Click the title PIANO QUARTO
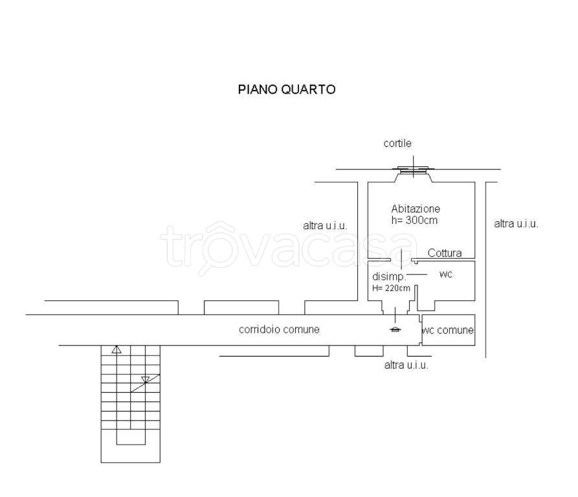tap(287, 90)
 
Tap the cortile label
tap(397, 144)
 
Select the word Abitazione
tap(416, 209)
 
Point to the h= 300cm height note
tap(415, 220)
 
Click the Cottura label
tap(445, 253)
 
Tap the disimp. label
tap(389, 277)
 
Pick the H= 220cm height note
tap(391, 288)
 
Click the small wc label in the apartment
tap(445, 274)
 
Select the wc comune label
tap(448, 331)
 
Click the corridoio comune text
tap(279, 329)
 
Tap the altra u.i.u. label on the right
tap(516, 224)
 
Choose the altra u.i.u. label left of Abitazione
tap(325, 226)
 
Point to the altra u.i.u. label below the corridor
tap(406, 365)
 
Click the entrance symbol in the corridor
tap(395, 329)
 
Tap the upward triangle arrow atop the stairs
tap(117, 349)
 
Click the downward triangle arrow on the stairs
tap(146, 380)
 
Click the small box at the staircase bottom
tap(131, 437)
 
